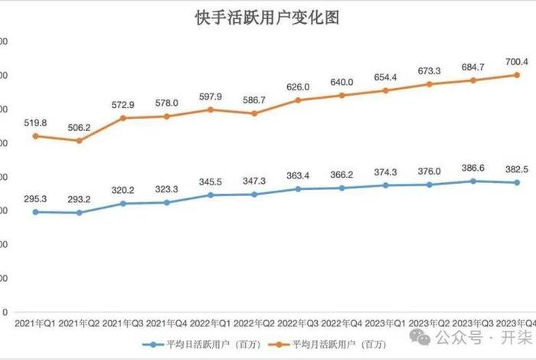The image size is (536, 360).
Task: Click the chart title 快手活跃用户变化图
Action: tap(267, 18)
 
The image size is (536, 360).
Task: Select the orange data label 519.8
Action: tap(35, 123)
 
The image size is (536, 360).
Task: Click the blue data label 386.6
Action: tap(472, 168)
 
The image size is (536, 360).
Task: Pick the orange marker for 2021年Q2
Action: tap(79, 141)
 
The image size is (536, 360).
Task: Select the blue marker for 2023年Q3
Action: tap(472, 182)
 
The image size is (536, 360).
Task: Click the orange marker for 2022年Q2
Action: tap(254, 113)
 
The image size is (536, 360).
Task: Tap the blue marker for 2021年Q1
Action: tap(35, 211)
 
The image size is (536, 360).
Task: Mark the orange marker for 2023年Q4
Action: tap(517, 75)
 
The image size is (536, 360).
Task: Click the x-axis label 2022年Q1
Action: tap(210, 325)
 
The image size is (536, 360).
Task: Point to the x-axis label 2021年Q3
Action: tap(123, 325)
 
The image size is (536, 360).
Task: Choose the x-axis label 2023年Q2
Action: tap(429, 325)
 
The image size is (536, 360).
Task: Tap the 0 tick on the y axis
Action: tap(5, 313)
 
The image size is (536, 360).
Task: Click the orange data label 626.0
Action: tap(298, 87)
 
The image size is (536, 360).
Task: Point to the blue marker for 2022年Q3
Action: tap(298, 188)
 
